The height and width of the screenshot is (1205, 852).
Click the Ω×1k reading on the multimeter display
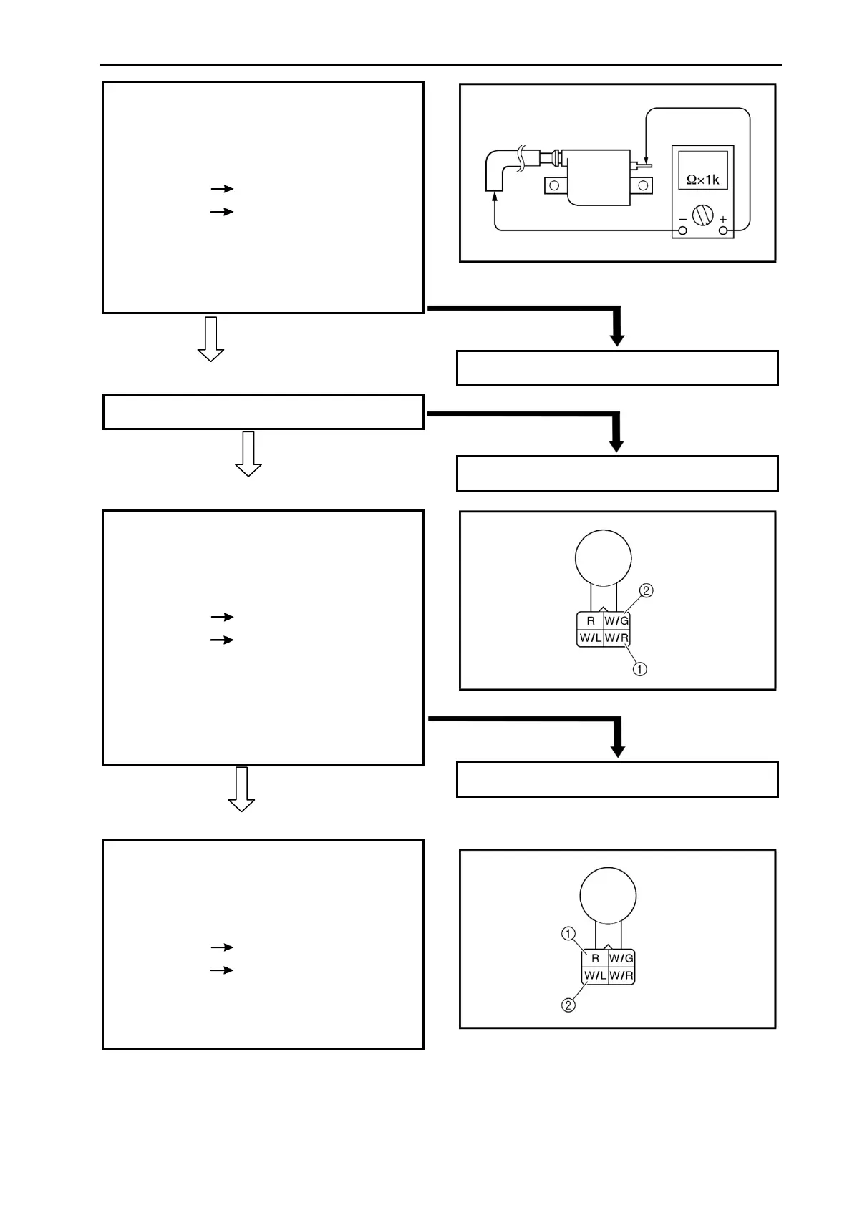tap(702, 180)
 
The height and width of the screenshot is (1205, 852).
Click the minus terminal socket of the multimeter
tap(682, 230)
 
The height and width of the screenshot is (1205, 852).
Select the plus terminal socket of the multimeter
tap(723, 230)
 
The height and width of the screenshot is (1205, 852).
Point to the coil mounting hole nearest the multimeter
tap(644, 187)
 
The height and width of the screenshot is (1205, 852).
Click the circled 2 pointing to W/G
tap(646, 591)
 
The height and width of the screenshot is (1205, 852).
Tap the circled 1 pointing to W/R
tap(640, 669)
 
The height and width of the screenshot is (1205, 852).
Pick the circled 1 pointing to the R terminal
tap(568, 933)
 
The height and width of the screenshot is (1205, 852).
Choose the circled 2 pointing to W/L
tap(568, 1005)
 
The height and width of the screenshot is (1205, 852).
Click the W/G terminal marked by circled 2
tap(616, 620)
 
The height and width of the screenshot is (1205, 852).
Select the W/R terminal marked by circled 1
tap(616, 638)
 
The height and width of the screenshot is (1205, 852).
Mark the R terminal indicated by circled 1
tap(594, 958)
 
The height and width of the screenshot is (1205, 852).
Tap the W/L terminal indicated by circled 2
tap(594, 975)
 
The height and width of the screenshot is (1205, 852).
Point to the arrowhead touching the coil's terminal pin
tap(645, 158)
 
